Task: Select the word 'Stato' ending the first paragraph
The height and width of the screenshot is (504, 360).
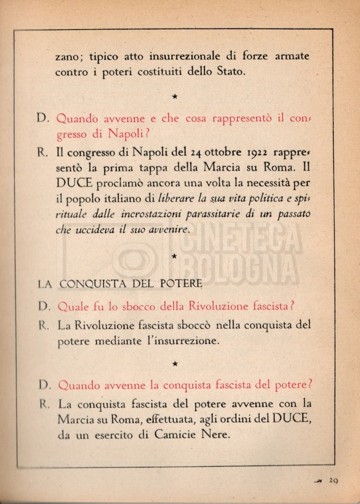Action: click(230, 72)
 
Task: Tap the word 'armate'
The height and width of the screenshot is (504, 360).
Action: click(292, 56)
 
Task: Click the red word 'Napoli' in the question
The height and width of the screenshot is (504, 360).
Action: click(126, 134)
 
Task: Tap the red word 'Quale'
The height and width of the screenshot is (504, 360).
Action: click(73, 306)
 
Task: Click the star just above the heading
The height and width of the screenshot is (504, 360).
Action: click(175, 256)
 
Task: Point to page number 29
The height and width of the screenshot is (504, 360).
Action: click(333, 481)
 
